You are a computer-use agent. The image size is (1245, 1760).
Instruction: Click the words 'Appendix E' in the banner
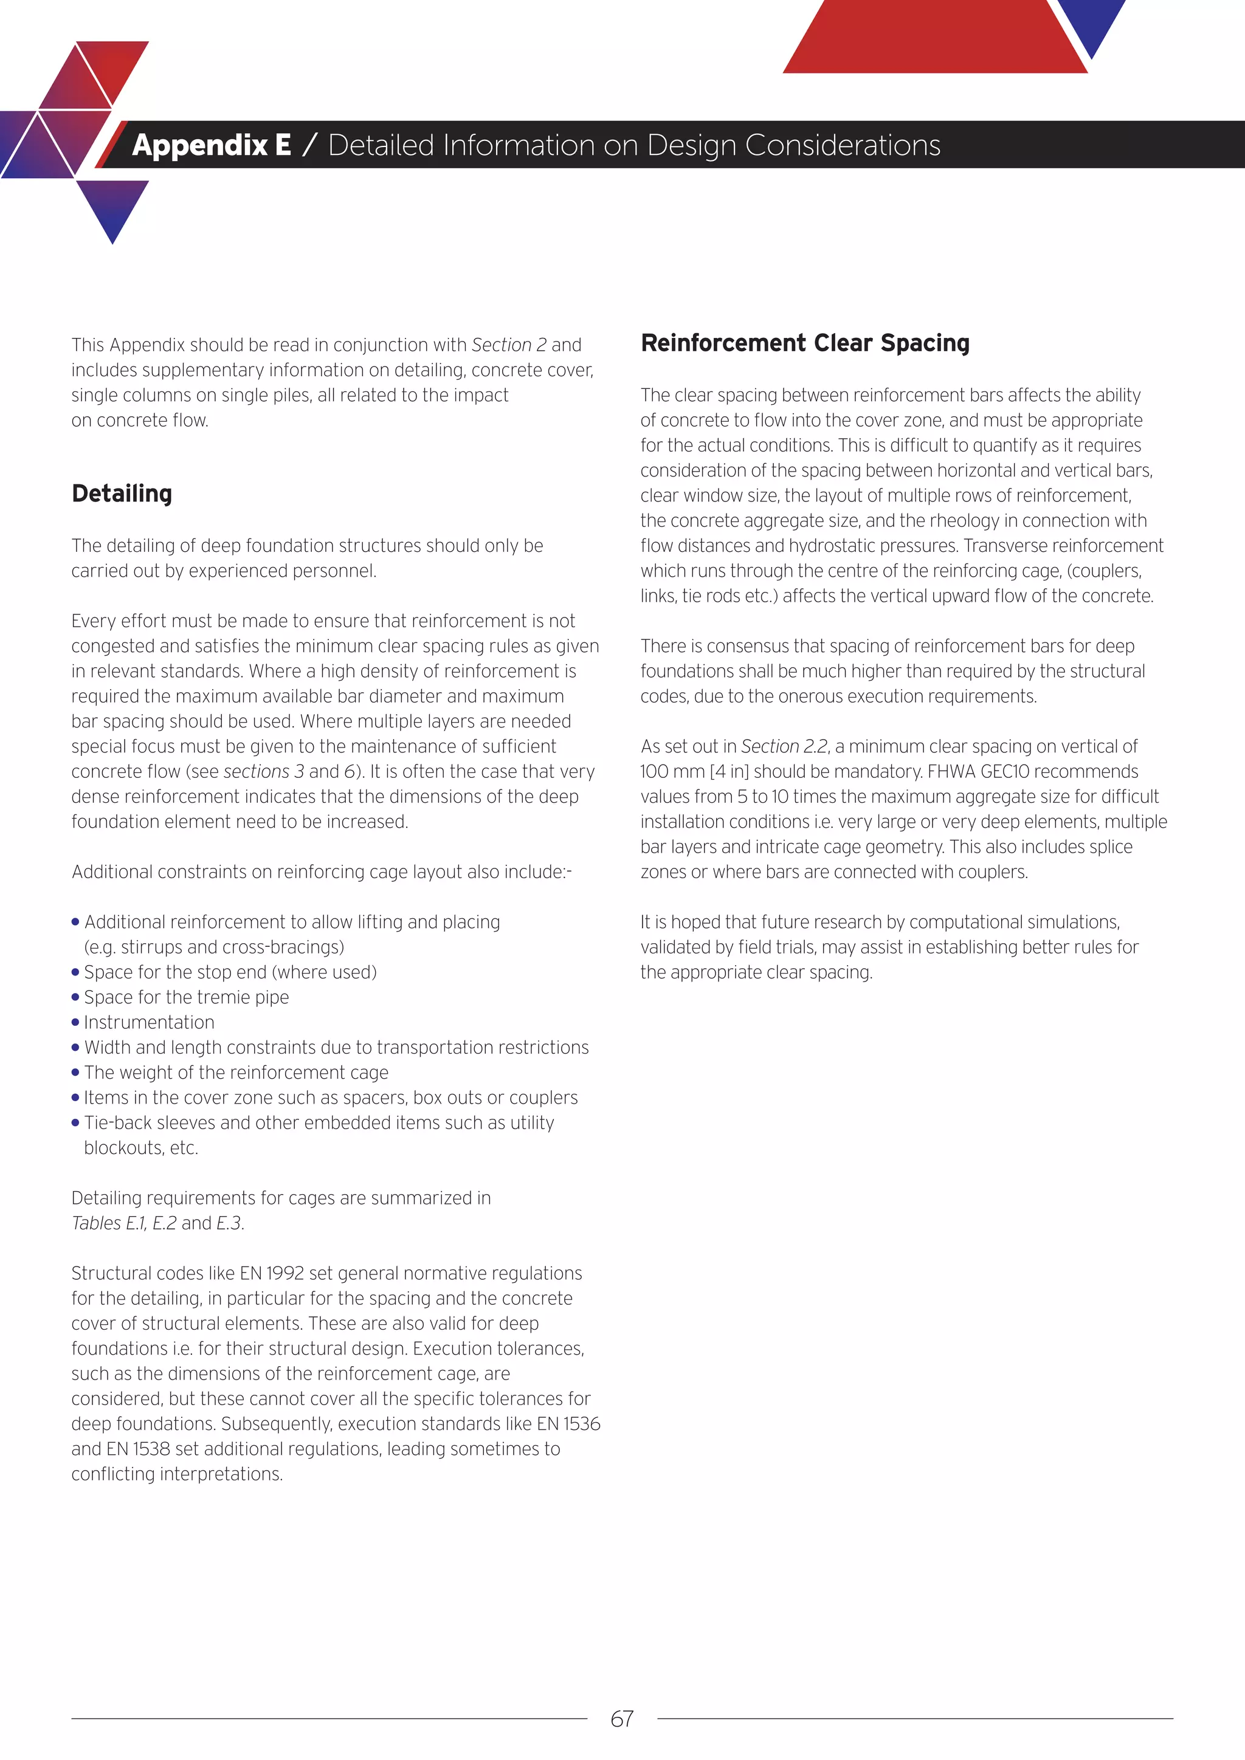coord(211,145)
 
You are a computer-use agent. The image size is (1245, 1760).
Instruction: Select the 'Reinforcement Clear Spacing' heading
coord(805,343)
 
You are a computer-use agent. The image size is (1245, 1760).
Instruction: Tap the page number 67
coord(622,1719)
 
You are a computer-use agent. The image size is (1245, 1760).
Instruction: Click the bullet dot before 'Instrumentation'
coord(75,1023)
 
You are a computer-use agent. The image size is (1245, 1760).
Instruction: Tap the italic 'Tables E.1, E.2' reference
coord(123,1223)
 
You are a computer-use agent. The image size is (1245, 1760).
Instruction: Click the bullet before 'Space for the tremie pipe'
coord(75,997)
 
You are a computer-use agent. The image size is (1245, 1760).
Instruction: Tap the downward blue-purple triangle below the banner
coord(112,205)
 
